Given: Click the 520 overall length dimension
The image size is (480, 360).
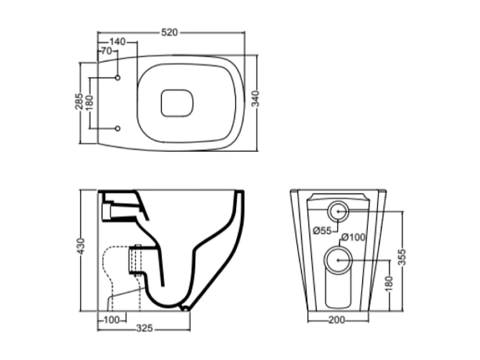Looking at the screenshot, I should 170,33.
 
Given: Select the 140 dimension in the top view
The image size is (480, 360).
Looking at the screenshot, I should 117,42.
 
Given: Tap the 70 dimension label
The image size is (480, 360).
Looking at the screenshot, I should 106,51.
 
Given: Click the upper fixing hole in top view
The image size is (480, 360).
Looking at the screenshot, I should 118,78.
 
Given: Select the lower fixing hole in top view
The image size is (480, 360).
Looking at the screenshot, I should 118,129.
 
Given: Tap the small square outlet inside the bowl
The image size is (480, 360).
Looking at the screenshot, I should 177,103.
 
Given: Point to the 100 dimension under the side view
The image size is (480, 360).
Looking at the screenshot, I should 111,319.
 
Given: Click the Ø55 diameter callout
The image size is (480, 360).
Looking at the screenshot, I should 322,231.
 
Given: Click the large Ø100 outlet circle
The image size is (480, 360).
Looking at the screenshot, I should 338,261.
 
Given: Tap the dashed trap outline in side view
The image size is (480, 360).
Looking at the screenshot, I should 115,270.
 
